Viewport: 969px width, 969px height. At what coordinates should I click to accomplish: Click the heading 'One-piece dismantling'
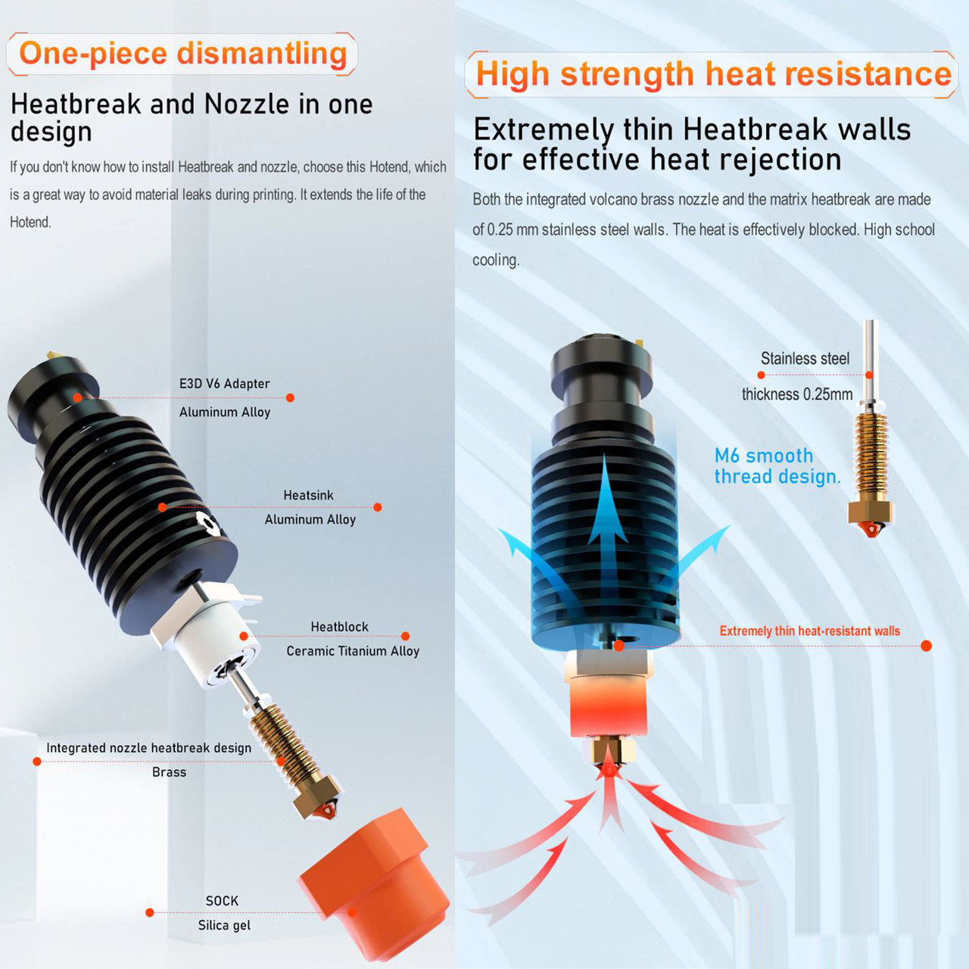coord(182,54)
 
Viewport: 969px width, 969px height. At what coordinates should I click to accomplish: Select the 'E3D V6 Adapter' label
coord(224,384)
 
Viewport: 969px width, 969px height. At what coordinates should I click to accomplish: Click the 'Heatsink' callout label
coord(308,495)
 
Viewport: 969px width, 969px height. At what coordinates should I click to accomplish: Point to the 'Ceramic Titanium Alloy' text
coord(353,651)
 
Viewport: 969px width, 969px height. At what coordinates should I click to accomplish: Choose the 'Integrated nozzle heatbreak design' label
coord(149,748)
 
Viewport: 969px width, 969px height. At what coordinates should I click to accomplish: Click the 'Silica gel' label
coord(224,925)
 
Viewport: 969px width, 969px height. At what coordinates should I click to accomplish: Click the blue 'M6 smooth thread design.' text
coord(777,466)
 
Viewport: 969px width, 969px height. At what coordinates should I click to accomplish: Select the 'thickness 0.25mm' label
coord(797,394)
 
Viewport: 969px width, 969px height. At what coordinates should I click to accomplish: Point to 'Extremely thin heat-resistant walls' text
coord(809,631)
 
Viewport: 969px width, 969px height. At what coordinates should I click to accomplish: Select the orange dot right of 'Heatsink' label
coord(378,507)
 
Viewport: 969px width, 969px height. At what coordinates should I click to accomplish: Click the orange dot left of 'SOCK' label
coord(149,913)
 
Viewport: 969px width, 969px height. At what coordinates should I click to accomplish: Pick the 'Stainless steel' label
coord(805,359)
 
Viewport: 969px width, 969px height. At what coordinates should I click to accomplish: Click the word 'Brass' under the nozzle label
coord(169,772)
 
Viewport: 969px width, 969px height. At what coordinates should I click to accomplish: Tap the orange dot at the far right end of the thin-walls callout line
coord(927,646)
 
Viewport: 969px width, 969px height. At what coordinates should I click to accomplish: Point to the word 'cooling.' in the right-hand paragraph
coord(495,260)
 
